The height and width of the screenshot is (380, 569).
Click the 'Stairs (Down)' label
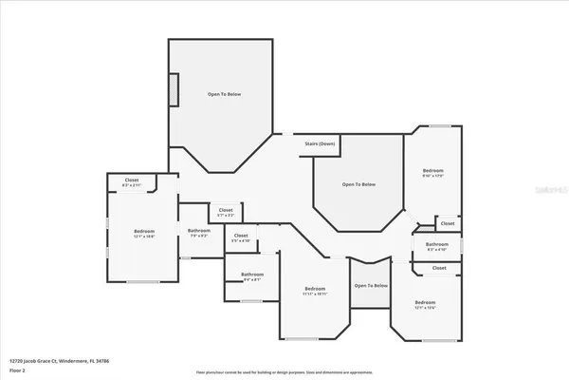coord(320,143)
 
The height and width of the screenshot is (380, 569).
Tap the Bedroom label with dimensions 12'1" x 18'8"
coord(144,233)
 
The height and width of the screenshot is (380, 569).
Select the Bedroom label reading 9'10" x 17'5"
coord(432,173)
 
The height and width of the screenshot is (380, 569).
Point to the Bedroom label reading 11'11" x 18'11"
coord(315,290)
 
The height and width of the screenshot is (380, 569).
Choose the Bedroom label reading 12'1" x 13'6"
coord(425,306)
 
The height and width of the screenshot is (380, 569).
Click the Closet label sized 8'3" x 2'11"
coord(132,183)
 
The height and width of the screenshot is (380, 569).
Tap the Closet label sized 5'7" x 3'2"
coord(226,213)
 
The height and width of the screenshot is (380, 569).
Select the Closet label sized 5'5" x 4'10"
coord(241,237)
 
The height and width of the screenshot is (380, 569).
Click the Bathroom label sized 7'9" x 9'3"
coord(198,232)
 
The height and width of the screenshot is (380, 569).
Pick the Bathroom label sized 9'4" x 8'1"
coord(253,276)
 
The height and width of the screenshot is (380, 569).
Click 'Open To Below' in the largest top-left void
coord(224,95)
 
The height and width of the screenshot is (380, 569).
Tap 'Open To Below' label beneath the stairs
coord(359,184)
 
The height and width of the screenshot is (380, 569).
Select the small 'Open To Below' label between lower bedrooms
coord(371,286)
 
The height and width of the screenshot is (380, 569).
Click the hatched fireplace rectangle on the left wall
coord(174,88)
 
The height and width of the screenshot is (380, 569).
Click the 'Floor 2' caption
coord(18,369)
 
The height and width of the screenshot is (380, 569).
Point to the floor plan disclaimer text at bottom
coord(284,372)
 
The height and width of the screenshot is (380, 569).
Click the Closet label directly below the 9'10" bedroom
coord(448,224)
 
